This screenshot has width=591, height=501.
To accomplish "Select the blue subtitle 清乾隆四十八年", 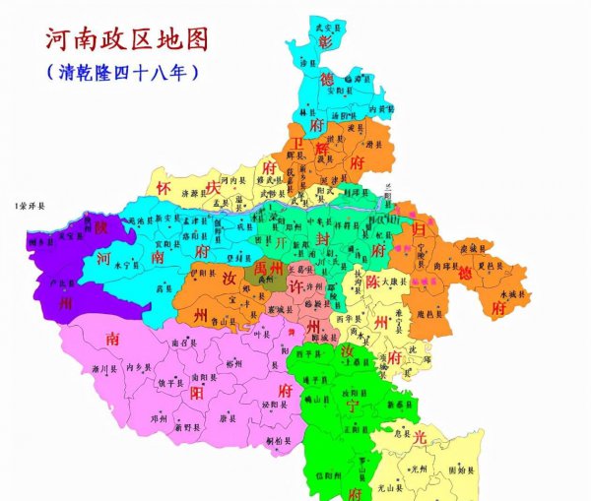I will point(123,73).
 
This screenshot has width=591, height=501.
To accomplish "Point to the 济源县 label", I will point(189,196).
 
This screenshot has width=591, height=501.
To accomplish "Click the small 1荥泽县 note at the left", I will point(30,206).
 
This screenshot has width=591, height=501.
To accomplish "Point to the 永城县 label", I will point(514,293).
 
